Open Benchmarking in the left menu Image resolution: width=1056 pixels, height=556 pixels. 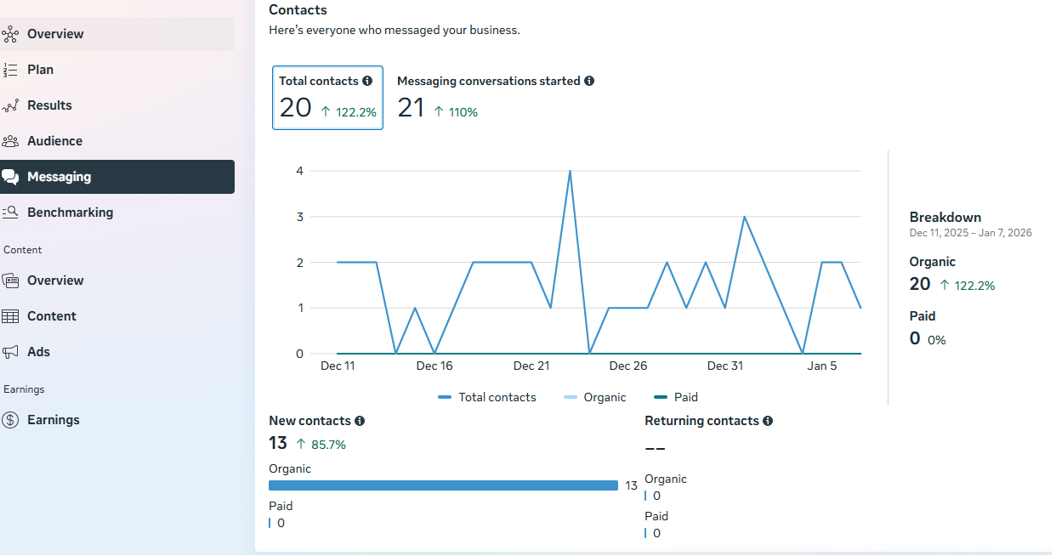pyautogui.click(x=70, y=213)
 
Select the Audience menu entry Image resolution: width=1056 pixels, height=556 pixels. pyautogui.click(x=54, y=141)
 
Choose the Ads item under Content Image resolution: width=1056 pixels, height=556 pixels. pyautogui.click(x=38, y=352)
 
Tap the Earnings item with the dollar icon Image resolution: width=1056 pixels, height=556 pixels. pyautogui.click(x=53, y=420)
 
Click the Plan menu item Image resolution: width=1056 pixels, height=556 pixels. pyautogui.click(x=40, y=70)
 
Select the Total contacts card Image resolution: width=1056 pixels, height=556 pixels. pyautogui.click(x=327, y=98)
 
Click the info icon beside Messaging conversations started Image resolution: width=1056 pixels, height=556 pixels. pyautogui.click(x=589, y=82)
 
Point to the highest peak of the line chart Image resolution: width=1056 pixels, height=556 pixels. pyautogui.click(x=570, y=171)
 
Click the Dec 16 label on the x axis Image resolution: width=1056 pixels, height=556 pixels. pyautogui.click(x=434, y=366)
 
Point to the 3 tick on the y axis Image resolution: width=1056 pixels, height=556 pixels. pyautogui.click(x=299, y=217)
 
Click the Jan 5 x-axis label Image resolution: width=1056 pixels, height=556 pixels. pyautogui.click(x=822, y=366)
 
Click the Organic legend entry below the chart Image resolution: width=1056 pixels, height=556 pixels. pyautogui.click(x=604, y=397)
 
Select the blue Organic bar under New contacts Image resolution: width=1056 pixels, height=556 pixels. pyautogui.click(x=443, y=485)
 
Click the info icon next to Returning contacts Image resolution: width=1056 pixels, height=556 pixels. pyautogui.click(x=768, y=421)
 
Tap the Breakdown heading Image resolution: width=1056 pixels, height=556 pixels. pyautogui.click(x=945, y=218)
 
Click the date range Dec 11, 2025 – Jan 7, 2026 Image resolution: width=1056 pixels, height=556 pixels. pyautogui.click(x=970, y=233)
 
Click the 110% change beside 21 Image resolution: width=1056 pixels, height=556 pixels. pyautogui.click(x=463, y=112)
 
